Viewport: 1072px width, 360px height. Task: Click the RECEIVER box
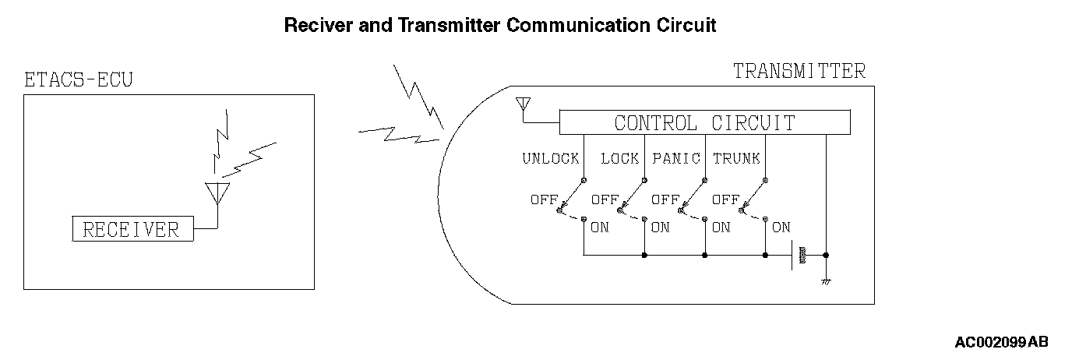[131, 229]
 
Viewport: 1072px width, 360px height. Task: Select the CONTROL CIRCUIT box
[704, 123]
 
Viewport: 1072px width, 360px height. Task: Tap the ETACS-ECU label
[79, 80]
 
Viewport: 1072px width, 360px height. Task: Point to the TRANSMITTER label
[799, 71]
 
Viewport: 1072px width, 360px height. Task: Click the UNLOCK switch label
[550, 158]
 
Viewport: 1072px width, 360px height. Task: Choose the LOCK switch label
[619, 158]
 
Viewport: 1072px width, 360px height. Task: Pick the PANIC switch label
[676, 158]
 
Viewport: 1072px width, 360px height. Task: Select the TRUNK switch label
[736, 158]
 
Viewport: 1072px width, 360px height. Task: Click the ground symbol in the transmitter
[825, 280]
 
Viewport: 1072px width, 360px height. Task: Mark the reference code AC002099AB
[1001, 342]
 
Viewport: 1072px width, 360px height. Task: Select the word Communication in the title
[575, 25]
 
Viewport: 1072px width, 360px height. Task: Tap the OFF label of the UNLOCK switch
[544, 199]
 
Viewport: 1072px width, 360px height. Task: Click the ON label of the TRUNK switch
[781, 228]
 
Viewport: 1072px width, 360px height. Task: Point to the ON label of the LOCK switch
[660, 228]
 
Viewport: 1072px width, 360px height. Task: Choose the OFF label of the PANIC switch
[665, 199]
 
